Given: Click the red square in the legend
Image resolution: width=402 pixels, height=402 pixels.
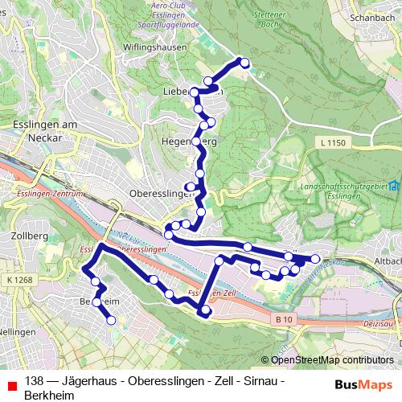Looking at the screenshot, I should [x=9, y=382].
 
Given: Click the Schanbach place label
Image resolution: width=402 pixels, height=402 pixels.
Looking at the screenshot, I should [x=375, y=15].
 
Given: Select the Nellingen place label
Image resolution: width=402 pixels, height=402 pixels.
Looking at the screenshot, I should [x=15, y=331].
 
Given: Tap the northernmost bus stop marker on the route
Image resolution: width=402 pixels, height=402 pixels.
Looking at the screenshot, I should [x=244, y=64].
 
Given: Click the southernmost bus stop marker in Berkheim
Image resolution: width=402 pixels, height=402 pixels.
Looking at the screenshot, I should [x=111, y=320].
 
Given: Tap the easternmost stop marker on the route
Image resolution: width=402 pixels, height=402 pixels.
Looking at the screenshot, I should [x=315, y=259].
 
